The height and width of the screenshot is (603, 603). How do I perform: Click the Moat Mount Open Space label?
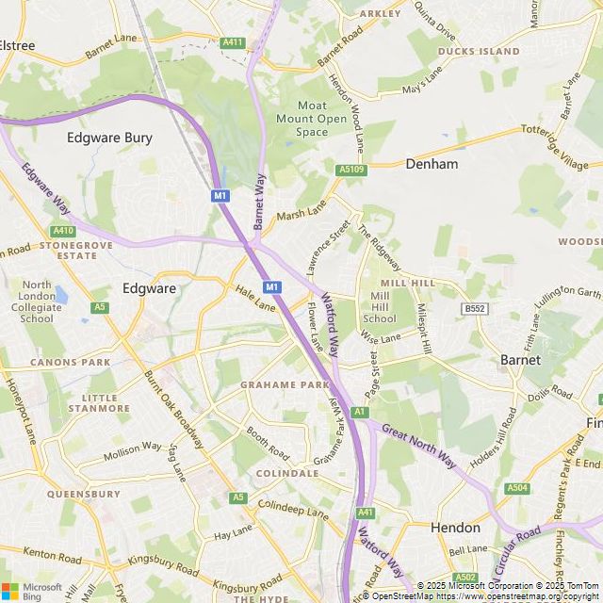pyautogui.click(x=312, y=119)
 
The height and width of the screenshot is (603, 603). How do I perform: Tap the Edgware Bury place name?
pyautogui.click(x=109, y=138)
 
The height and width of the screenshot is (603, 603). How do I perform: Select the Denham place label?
pyautogui.click(x=432, y=164)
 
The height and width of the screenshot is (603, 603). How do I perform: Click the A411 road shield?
pyautogui.click(x=232, y=42)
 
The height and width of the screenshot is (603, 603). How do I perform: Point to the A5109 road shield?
pyautogui.click(x=350, y=170)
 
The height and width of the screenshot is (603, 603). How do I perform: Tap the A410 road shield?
pyautogui.click(x=63, y=231)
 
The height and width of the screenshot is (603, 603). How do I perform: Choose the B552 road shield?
pyautogui.click(x=474, y=308)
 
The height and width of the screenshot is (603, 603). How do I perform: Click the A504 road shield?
pyautogui.click(x=517, y=487)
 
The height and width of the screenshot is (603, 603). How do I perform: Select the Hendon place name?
pyautogui.click(x=455, y=528)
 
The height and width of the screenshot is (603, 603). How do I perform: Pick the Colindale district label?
pyautogui.click(x=287, y=473)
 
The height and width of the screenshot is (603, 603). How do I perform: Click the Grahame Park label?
pyautogui.click(x=285, y=385)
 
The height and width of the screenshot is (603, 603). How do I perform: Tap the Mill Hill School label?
pyautogui.click(x=379, y=307)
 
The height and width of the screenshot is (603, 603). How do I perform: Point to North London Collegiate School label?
pyautogui.click(x=37, y=301)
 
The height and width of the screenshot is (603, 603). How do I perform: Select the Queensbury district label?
pyautogui.click(x=83, y=494)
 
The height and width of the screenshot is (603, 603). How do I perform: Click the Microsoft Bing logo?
pyautogui.click(x=30, y=590)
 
